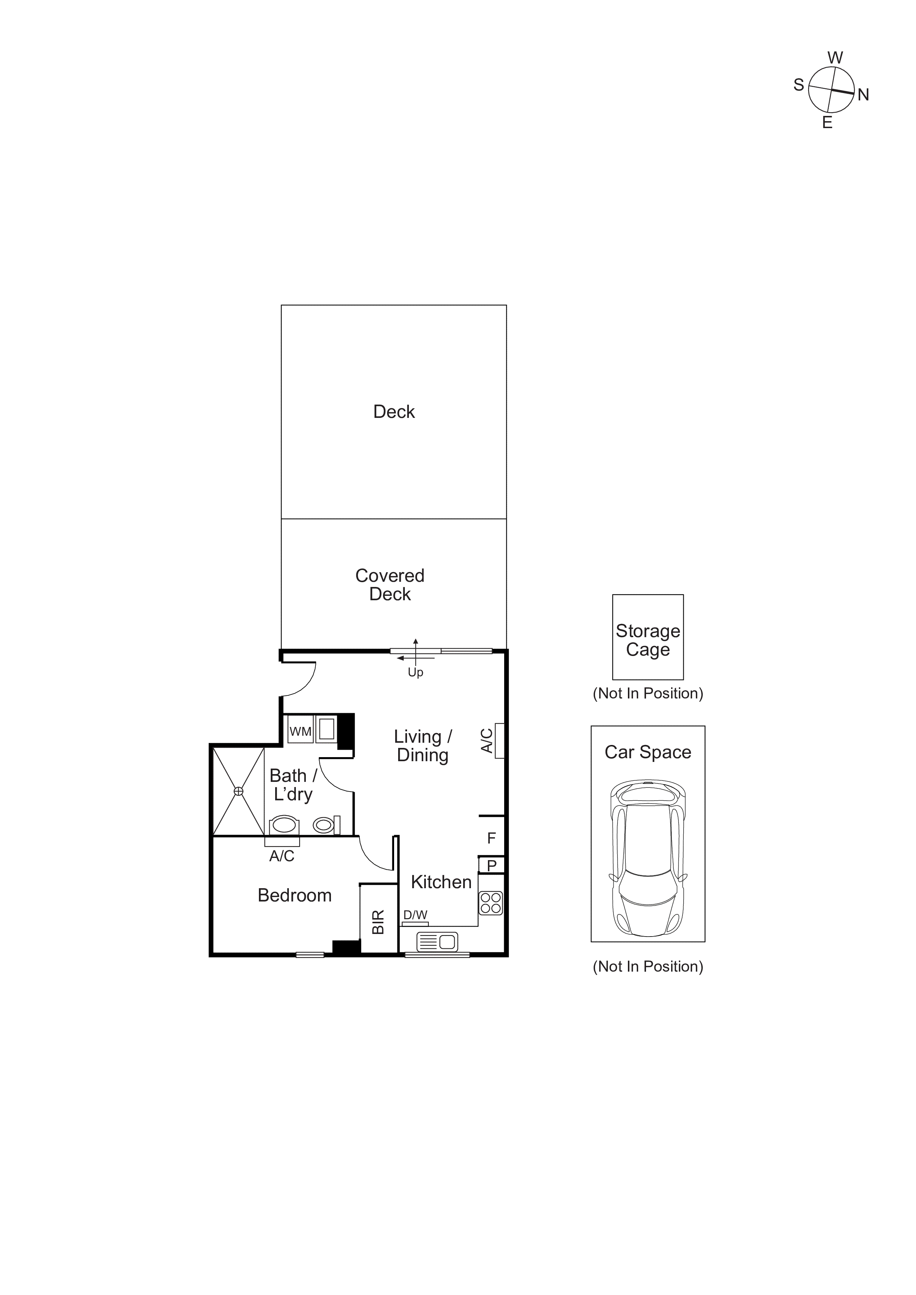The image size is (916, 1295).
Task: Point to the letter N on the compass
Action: click(x=863, y=95)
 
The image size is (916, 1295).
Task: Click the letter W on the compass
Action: click(x=835, y=58)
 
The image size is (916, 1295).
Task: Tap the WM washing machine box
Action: click(x=300, y=732)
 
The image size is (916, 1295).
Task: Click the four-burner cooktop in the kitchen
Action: click(x=491, y=903)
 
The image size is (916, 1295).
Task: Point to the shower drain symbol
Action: click(x=239, y=791)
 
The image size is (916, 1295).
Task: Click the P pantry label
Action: click(x=492, y=866)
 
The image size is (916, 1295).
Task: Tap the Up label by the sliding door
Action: click(x=416, y=672)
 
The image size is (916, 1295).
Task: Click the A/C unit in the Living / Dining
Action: click(x=499, y=741)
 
